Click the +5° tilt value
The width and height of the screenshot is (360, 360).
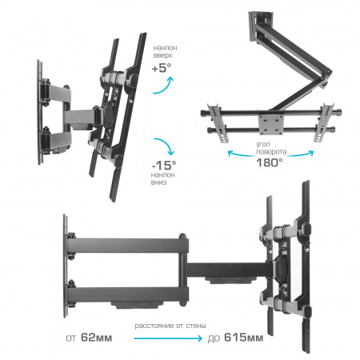[x=162, y=68]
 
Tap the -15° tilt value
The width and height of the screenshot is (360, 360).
[x=164, y=166]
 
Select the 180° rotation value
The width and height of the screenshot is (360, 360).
[x=270, y=162]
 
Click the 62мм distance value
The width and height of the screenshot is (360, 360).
[x=96, y=338]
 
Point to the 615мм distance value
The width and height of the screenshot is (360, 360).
[x=243, y=338]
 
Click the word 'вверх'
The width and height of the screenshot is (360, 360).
[x=162, y=55]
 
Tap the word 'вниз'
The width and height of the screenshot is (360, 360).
[x=159, y=182]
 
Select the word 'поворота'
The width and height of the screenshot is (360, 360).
[x=271, y=152]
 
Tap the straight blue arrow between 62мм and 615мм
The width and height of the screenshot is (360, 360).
[x=168, y=338]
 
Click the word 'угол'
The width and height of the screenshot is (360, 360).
[x=263, y=144]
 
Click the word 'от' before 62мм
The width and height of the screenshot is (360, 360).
[x=71, y=338]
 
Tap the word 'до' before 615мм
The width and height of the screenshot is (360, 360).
[x=214, y=338]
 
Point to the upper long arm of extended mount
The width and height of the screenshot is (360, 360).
[x=127, y=246]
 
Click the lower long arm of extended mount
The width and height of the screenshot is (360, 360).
[x=127, y=294]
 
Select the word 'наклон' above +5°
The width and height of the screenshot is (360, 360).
[x=165, y=48]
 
